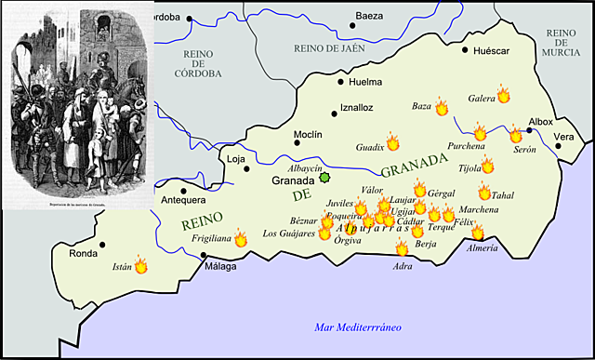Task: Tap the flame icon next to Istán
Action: pyautogui.click(x=141, y=266)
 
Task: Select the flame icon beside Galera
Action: pyautogui.click(x=503, y=94)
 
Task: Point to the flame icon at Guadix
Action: pyautogui.click(x=392, y=142)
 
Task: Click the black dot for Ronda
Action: pyautogui.click(x=103, y=246)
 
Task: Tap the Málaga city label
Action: pyautogui.click(x=221, y=267)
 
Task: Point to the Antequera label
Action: pyautogui.click(x=183, y=200)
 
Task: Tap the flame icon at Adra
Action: pyautogui.click(x=402, y=248)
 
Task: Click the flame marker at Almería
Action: pyautogui.click(x=478, y=233)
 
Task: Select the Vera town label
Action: pyautogui.click(x=564, y=137)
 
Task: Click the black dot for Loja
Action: pyautogui.click(x=247, y=168)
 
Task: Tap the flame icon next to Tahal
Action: pyautogui.click(x=484, y=193)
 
